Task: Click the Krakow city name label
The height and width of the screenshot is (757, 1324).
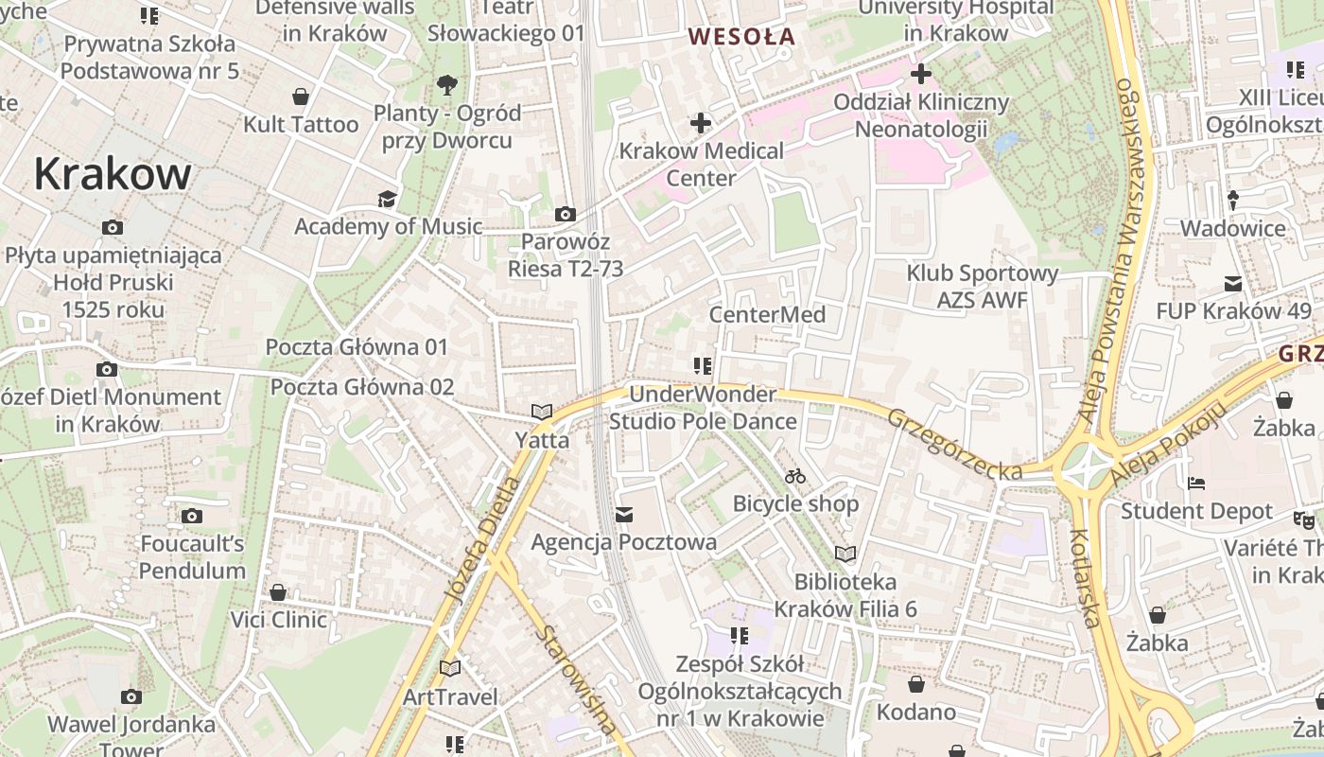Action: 113,174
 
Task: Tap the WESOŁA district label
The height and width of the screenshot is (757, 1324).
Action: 741,38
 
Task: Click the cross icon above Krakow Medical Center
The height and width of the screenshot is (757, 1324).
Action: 700,123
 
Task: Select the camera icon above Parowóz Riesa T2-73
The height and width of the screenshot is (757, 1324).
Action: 566,214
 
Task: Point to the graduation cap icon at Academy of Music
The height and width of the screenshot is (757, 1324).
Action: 387,199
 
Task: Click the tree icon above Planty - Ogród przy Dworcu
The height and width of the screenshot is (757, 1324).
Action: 447,85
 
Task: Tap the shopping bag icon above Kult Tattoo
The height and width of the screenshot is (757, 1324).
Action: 301,97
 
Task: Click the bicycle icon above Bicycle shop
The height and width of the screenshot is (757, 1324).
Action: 795,476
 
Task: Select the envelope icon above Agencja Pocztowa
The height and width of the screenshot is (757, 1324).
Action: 623,515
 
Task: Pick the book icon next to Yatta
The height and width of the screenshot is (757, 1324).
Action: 542,412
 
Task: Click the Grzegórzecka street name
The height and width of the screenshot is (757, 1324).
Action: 955,443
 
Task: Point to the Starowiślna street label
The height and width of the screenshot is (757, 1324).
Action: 575,679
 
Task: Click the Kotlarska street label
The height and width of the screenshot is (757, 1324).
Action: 1085,577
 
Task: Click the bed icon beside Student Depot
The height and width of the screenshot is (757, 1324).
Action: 1196,483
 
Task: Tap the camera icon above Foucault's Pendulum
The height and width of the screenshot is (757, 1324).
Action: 192,516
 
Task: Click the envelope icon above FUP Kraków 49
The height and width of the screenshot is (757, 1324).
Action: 1233,283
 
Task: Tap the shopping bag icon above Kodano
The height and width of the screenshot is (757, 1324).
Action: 915,683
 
